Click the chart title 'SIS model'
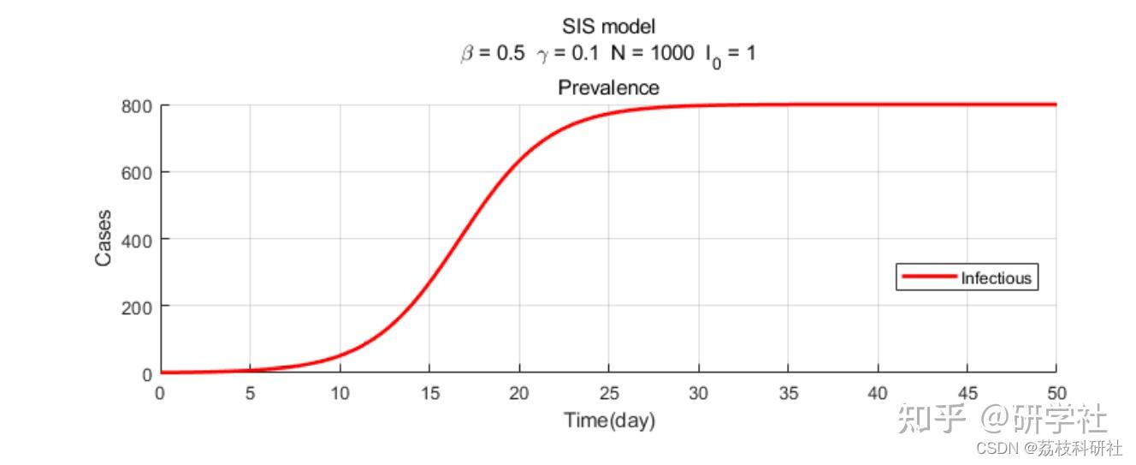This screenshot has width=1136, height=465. coord(608,27)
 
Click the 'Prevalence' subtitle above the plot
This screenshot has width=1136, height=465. coord(608,87)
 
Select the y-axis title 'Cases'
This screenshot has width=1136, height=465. coord(104,237)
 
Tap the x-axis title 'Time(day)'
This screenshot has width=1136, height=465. coord(608,420)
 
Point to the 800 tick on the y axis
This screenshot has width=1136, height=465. coord(136,106)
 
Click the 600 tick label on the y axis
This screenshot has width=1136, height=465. coord(136,173)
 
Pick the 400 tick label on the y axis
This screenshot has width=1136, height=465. coord(136,240)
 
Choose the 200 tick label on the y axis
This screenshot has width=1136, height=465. coord(136,307)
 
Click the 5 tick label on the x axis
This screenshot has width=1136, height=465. coord(250,394)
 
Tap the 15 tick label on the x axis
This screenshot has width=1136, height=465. coord(429,394)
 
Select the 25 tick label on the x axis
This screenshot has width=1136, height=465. coord(608,394)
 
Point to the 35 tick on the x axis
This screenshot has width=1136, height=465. coord(788,394)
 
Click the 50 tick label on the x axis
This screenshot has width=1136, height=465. coord(1056,394)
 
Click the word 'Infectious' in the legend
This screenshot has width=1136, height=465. coord(996,277)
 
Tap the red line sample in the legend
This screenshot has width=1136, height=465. coord(927,277)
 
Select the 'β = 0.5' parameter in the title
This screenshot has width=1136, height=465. coord(492,54)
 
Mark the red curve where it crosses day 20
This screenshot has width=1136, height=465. coord(519,161)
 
